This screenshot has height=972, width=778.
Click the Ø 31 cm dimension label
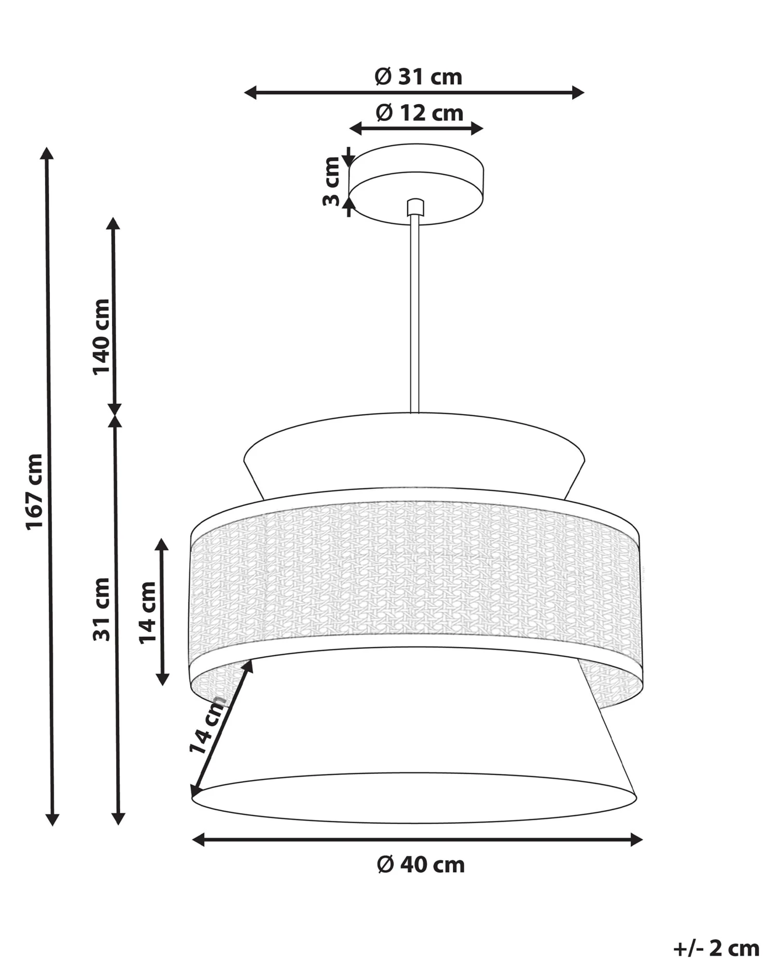[x=418, y=77]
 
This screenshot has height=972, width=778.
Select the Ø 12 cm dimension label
[x=419, y=112]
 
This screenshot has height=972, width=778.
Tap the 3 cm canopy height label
[x=331, y=181]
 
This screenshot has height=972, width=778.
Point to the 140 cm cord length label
[x=101, y=336]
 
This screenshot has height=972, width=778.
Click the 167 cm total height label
[x=35, y=491]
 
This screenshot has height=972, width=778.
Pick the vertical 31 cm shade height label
[x=101, y=609]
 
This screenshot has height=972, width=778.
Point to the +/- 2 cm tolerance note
[x=716, y=949]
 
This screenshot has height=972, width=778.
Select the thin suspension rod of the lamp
[x=414, y=311]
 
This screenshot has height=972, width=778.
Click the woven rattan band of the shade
[x=415, y=568]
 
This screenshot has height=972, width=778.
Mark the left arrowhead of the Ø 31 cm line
[x=251, y=93]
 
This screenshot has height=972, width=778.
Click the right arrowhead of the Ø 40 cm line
[x=636, y=840]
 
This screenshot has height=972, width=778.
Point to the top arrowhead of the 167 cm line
[x=47, y=153]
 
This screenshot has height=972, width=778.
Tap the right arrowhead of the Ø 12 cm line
[x=477, y=129]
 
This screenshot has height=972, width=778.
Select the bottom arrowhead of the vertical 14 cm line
[x=162, y=679]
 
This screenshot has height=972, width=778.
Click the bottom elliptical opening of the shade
[x=414, y=798]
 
